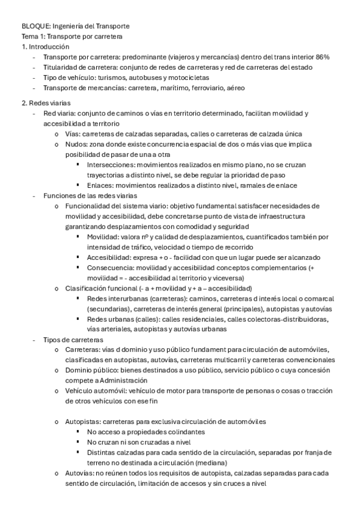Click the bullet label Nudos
(76, 144)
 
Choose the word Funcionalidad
(90, 206)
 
